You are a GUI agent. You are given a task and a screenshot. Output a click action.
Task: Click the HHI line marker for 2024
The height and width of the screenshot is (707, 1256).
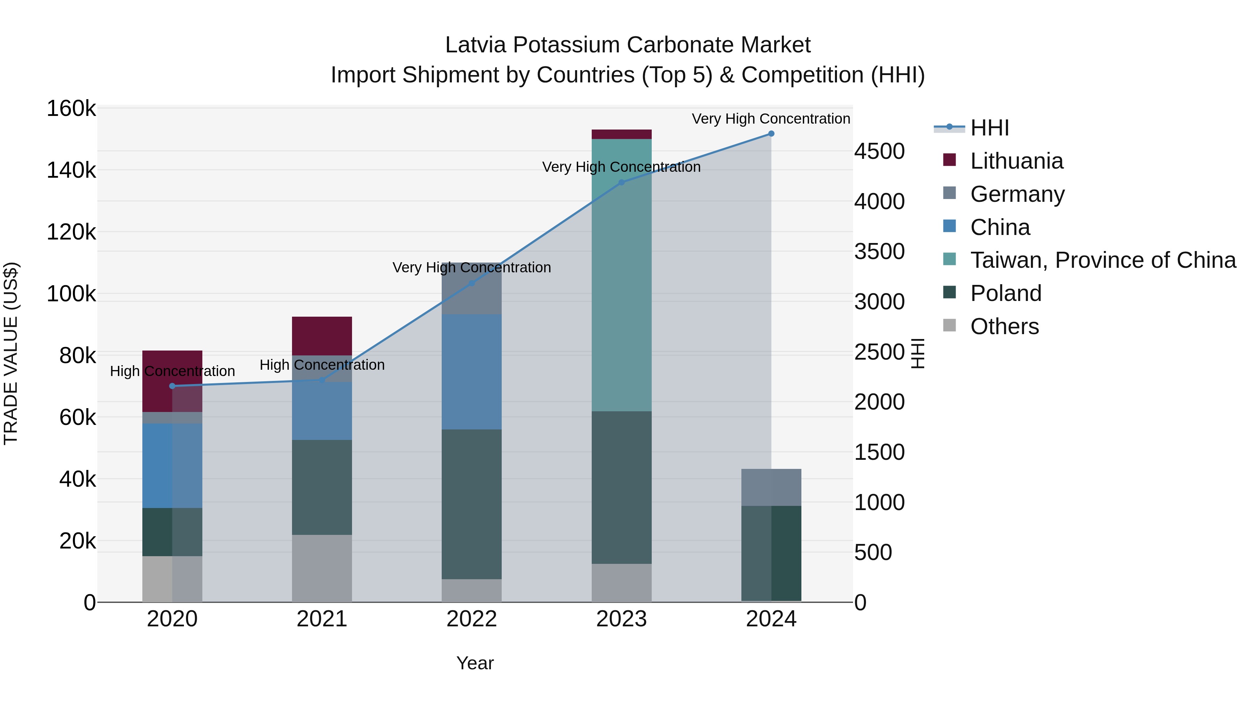(x=771, y=134)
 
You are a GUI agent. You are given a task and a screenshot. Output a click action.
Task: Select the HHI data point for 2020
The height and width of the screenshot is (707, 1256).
(x=172, y=386)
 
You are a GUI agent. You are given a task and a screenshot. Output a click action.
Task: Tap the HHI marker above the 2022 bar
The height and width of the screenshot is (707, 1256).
(x=471, y=283)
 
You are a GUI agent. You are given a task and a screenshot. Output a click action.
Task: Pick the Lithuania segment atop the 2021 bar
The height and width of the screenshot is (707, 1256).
(x=322, y=336)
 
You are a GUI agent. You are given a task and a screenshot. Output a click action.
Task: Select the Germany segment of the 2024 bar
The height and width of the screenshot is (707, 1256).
(x=771, y=487)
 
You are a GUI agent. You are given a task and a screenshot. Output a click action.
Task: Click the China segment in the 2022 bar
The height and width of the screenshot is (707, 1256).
(x=471, y=372)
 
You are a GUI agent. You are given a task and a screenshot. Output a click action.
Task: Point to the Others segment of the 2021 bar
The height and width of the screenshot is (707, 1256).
(x=322, y=568)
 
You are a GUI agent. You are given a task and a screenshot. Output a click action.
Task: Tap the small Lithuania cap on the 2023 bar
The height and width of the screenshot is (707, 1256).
(x=621, y=134)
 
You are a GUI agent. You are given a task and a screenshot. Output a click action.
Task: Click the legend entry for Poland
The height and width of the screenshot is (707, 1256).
(x=1005, y=293)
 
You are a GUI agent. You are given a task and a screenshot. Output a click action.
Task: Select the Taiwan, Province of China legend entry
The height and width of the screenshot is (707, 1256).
(x=1103, y=260)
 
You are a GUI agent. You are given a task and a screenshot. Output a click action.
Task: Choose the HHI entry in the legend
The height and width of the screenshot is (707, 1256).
(x=989, y=128)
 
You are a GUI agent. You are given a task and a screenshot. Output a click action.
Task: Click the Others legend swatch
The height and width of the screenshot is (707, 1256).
(x=949, y=325)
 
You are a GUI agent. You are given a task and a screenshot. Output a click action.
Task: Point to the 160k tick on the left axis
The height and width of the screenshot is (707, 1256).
(x=71, y=108)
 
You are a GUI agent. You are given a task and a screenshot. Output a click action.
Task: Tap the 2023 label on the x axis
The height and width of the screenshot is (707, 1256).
(x=621, y=619)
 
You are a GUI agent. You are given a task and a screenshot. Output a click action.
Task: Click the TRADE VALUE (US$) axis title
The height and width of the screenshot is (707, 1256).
(x=11, y=353)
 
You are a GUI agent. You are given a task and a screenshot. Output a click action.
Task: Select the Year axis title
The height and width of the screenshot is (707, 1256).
(x=475, y=663)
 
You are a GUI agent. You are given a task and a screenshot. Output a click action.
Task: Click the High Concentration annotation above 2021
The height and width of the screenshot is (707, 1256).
(x=322, y=365)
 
